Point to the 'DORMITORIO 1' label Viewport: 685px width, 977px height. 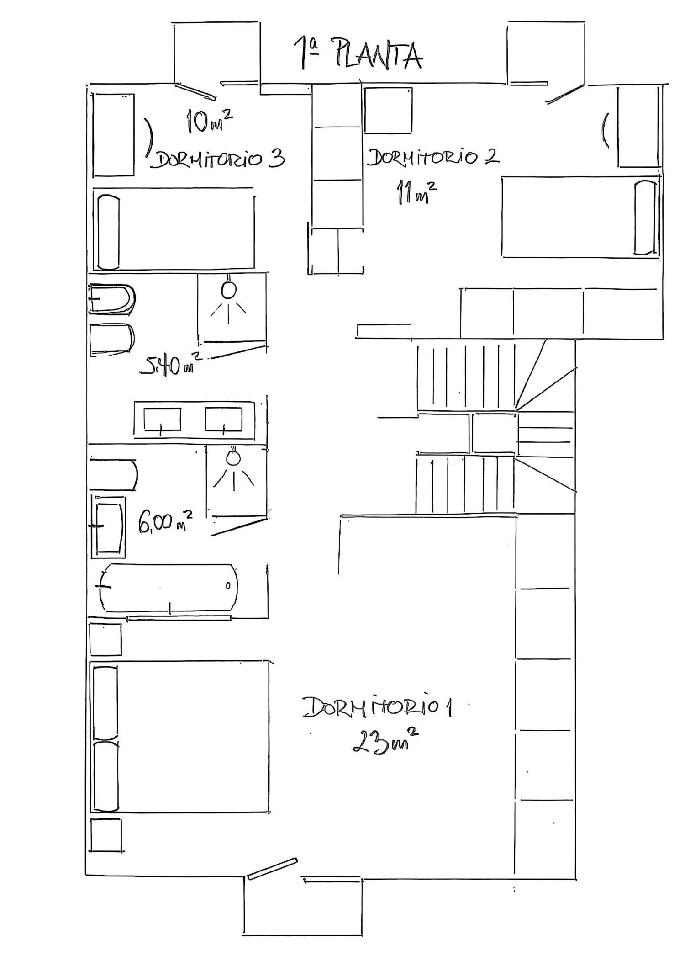(377, 707)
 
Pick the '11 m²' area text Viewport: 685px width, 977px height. (415, 192)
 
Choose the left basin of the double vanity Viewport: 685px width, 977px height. (162, 419)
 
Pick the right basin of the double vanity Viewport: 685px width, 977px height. (223, 419)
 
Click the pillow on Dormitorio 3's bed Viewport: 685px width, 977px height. (108, 232)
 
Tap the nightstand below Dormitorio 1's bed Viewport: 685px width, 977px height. (106, 835)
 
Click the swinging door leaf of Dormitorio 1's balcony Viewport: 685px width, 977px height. (272, 869)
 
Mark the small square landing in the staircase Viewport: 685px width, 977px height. (494, 433)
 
